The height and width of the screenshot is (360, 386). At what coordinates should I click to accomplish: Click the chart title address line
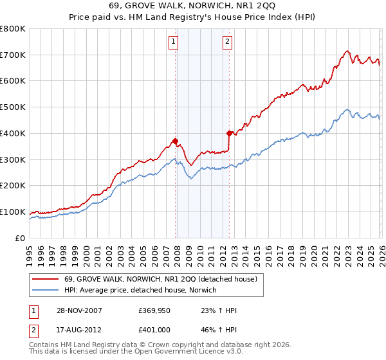193,5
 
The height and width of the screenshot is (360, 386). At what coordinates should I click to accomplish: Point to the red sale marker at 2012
228,133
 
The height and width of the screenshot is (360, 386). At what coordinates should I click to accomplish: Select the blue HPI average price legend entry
140,290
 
